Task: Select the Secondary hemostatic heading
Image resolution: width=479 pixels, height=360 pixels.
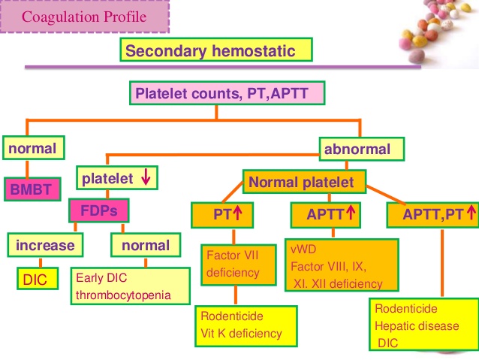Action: coord(215,51)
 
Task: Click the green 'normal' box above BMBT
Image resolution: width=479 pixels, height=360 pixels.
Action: coord(33,149)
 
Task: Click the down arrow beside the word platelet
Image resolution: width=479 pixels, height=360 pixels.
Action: coord(145,180)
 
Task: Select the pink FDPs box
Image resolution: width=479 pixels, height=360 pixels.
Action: coord(99,211)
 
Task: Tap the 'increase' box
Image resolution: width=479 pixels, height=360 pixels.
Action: coord(46,245)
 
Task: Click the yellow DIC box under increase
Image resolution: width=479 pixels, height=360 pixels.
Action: coord(35,280)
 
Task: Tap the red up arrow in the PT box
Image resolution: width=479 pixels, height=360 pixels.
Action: coord(236,215)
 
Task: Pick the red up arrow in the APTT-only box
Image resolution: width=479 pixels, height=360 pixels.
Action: coord(349,215)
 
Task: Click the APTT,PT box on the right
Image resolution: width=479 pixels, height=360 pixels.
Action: coord(432,215)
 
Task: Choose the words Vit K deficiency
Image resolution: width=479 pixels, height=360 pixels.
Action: coord(241,333)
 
